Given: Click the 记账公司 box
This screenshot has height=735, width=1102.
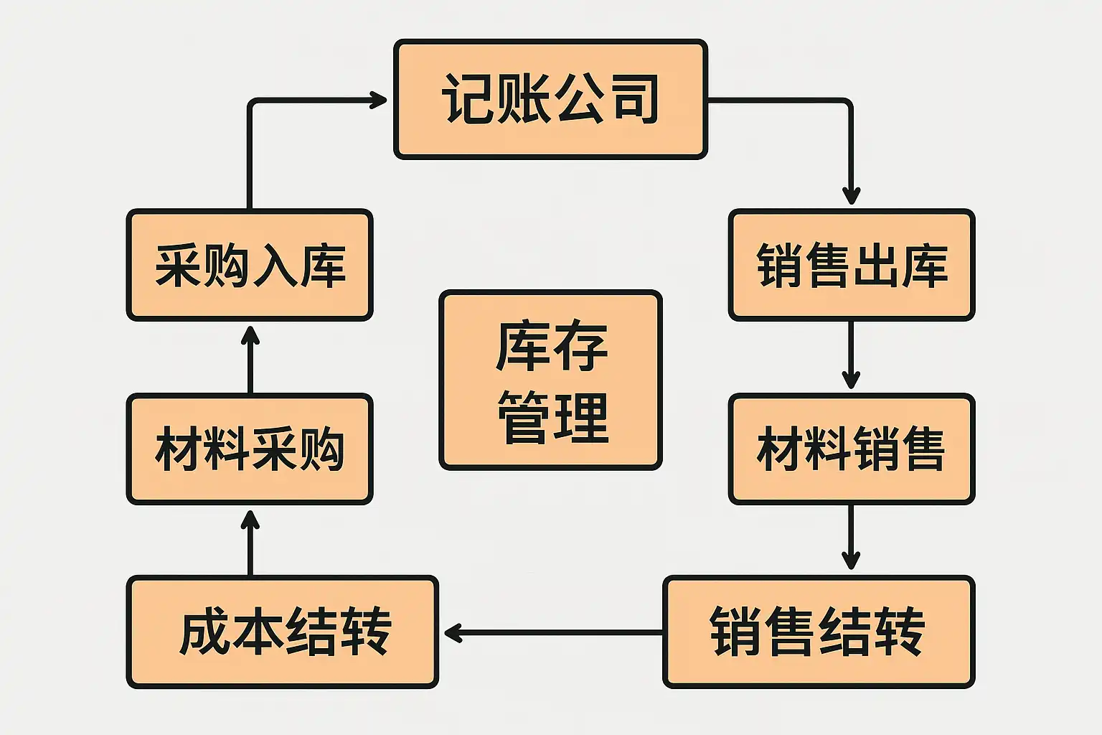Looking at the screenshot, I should tap(550, 99).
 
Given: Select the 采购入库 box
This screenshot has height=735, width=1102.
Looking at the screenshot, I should tap(250, 265).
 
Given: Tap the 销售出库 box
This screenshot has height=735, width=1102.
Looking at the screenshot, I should tap(852, 265).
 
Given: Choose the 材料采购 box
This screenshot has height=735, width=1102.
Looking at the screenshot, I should tap(250, 449).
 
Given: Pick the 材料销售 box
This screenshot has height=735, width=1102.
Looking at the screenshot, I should tap(852, 449).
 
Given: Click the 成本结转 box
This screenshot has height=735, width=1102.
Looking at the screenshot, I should tap(283, 632).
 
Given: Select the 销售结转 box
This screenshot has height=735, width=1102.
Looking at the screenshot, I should tap(819, 632).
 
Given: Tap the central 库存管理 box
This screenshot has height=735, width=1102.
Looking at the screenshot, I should tap(550, 380).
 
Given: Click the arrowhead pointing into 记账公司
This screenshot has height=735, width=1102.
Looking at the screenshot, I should tap(378, 100).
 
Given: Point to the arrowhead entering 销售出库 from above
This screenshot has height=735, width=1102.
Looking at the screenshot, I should tap(851, 195).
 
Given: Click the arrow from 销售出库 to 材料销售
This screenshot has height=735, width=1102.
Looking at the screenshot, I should tap(851, 355).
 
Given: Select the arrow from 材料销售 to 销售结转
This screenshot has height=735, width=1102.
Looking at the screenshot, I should tap(851, 538).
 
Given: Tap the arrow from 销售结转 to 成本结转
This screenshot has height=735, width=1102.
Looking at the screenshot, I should tap(552, 632).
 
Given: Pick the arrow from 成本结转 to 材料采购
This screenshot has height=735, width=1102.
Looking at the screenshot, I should tap(250, 542).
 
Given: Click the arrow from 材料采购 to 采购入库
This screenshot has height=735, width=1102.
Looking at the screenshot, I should tap(250, 358).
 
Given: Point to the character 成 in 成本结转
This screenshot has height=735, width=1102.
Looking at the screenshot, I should tap(204, 632).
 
